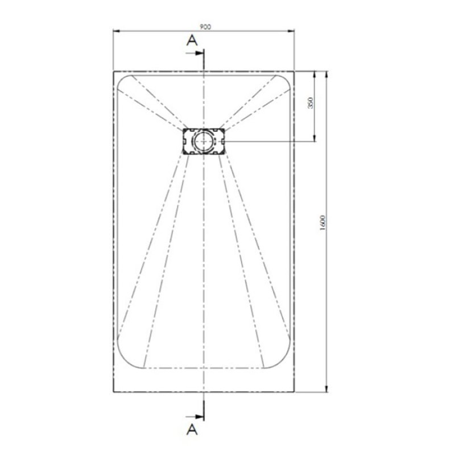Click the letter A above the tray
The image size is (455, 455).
pyautogui.click(x=192, y=40)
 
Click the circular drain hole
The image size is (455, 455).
pyautogui.click(x=203, y=140)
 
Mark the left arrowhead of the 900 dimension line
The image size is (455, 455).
pyautogui.click(x=115, y=32)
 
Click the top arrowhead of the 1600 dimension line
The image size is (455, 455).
pyautogui.click(x=326, y=73)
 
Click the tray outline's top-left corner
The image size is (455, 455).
pyautogui.click(x=113, y=71)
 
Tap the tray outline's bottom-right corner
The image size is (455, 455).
pyautogui.click(x=294, y=392)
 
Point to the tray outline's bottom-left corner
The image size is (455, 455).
pyautogui.click(x=113, y=392)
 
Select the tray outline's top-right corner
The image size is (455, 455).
pyautogui.click(x=294, y=71)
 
